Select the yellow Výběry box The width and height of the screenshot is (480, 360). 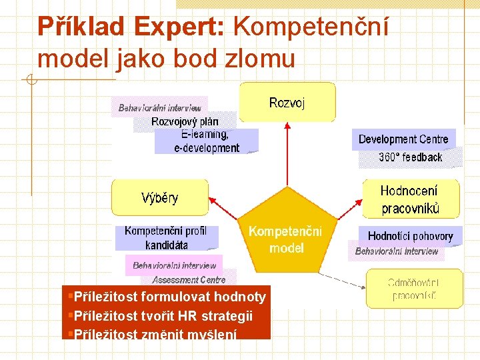tap(160, 197)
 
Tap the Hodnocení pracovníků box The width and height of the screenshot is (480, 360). tap(410, 199)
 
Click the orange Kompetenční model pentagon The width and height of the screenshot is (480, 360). tap(285, 239)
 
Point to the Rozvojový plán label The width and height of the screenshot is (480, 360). tap(184, 121)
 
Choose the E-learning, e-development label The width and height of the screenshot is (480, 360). tap(206, 141)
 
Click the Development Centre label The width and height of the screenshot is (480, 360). tap(403, 139)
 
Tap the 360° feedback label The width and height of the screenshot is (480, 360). tap(410, 157)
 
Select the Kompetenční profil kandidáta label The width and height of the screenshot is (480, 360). tap(166, 238)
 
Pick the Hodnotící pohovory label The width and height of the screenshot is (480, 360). tap(410, 236)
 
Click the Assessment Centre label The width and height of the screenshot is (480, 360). tap(189, 280)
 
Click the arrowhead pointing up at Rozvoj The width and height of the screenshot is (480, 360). tap(287, 125)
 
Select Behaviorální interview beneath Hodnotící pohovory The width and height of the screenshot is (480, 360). tap(397, 251)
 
